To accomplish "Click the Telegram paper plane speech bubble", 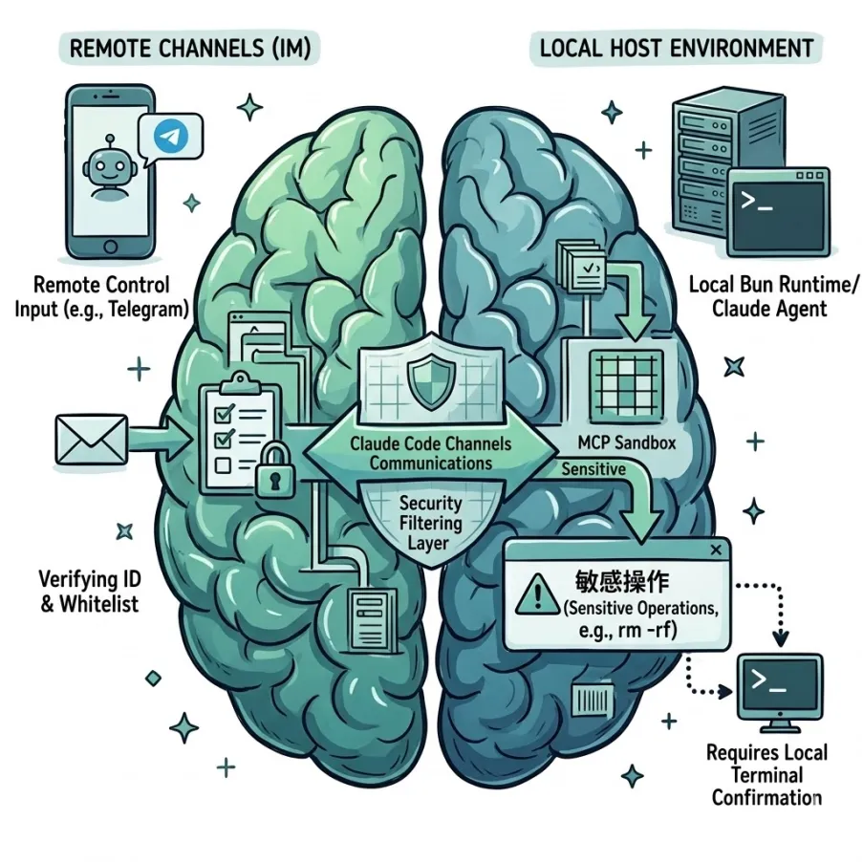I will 171,137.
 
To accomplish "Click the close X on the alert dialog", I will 716,551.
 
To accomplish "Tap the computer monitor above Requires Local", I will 781,688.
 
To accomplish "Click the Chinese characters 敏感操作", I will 621,583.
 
